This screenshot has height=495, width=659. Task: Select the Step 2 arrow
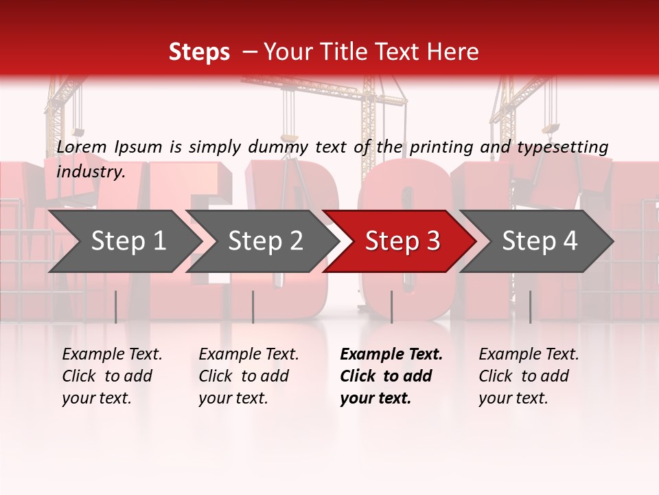click(x=265, y=241)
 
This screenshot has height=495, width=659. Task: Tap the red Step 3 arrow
click(x=402, y=241)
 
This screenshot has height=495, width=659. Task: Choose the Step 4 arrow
click(x=540, y=241)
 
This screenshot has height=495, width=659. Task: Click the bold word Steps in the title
click(x=199, y=52)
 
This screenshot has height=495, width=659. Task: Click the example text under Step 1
click(x=112, y=376)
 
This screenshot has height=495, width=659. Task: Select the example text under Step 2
click(x=248, y=376)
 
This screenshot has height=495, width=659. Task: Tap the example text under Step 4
click(x=529, y=376)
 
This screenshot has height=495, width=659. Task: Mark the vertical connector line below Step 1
click(x=115, y=307)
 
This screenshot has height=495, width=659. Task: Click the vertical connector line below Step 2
click(x=253, y=307)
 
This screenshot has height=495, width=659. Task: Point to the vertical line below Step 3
click(x=391, y=307)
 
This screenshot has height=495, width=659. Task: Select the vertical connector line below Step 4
click(x=530, y=307)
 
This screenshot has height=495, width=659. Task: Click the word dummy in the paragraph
click(x=281, y=146)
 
